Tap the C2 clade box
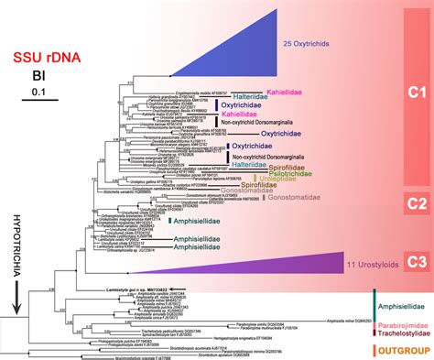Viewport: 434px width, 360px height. [418, 204]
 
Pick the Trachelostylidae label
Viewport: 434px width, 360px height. [401, 333]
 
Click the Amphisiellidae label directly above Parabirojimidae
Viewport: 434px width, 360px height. [403, 307]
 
